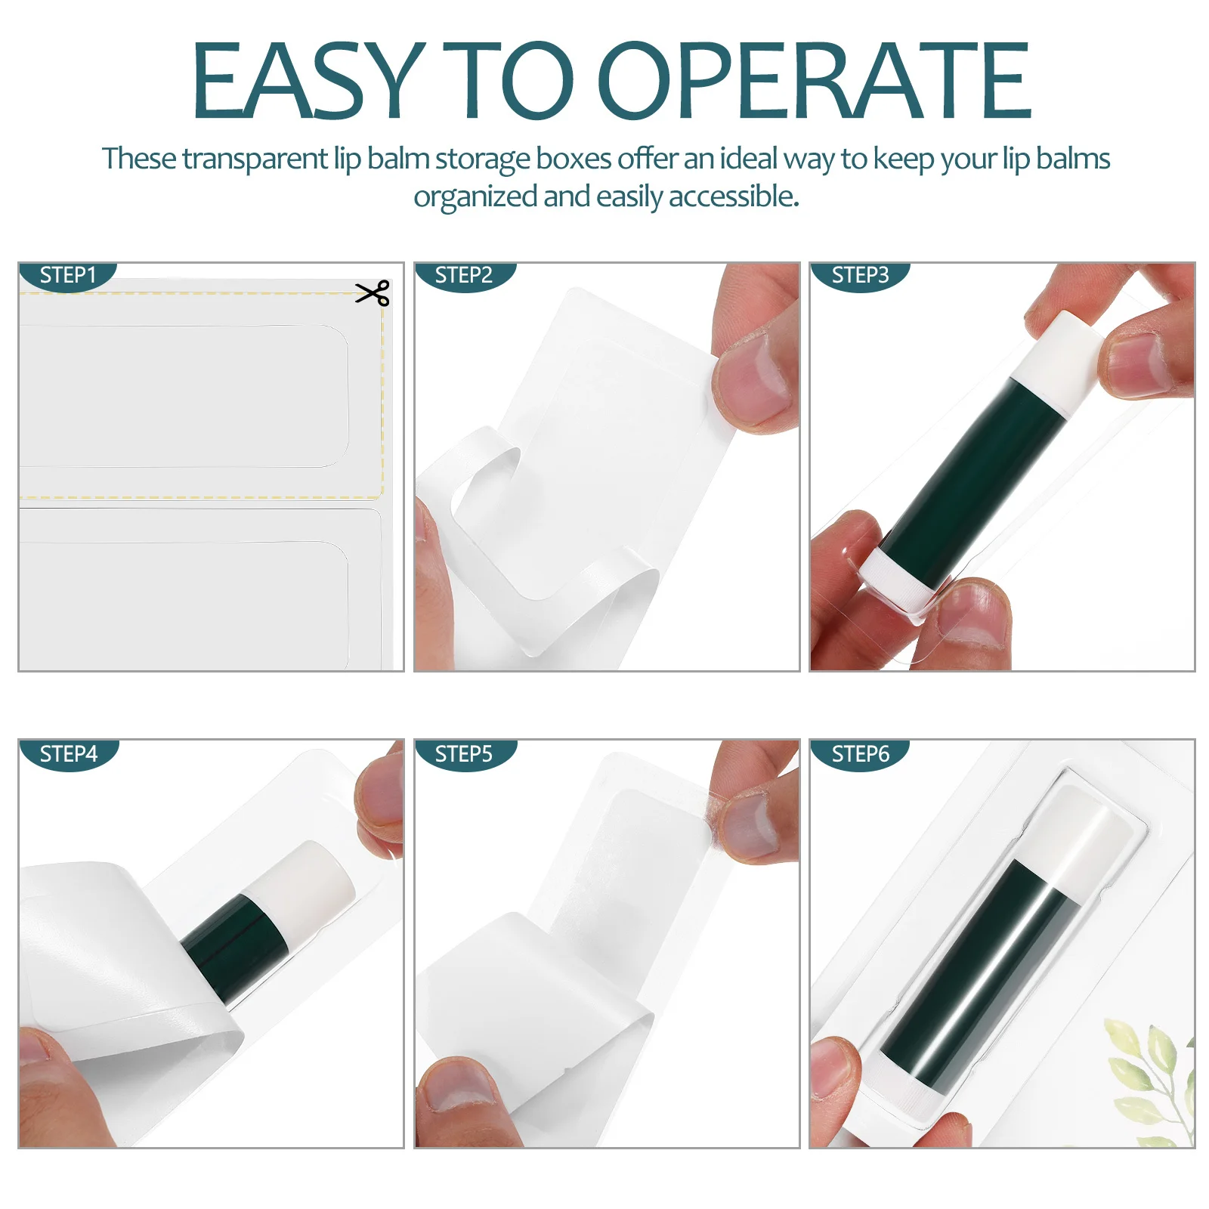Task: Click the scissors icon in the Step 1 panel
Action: [x=373, y=293]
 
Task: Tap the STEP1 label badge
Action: [x=68, y=276]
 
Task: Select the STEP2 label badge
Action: [x=464, y=276]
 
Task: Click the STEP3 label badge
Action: [x=860, y=276]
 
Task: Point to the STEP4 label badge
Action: [x=68, y=754]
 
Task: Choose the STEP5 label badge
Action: [x=464, y=754]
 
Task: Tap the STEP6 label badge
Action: [x=860, y=754]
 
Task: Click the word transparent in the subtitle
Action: [x=255, y=159]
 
